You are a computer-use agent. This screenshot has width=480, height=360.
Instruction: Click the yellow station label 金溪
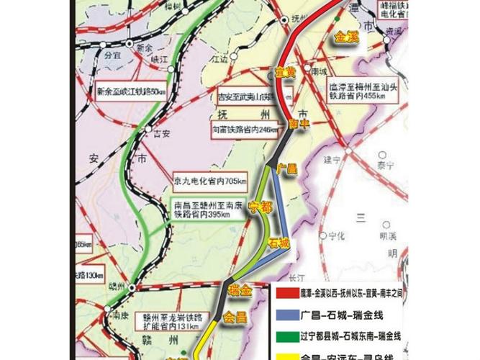click(345, 38)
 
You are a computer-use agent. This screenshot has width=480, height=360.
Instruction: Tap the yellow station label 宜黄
click(286, 71)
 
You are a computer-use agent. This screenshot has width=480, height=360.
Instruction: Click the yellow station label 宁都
click(260, 208)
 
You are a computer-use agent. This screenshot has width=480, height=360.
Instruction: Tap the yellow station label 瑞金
click(239, 289)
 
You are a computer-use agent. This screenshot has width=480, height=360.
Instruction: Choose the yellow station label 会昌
click(235, 317)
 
